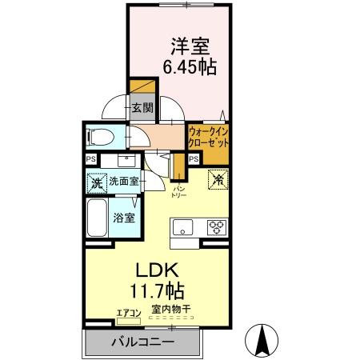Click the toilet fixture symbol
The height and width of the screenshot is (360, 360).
tap(100, 135)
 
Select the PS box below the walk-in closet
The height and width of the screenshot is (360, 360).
tap(194, 160)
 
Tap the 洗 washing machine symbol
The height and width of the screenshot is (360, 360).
tap(96, 182)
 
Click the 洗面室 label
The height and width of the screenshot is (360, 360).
tap(124, 182)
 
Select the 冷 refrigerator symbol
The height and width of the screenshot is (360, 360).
tap(216, 180)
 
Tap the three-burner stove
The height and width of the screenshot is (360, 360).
tap(217, 226)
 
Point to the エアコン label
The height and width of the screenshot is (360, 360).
tap(128, 312)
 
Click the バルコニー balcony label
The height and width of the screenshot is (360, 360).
tap(141, 342)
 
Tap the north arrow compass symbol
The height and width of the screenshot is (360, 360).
tap(261, 339)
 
